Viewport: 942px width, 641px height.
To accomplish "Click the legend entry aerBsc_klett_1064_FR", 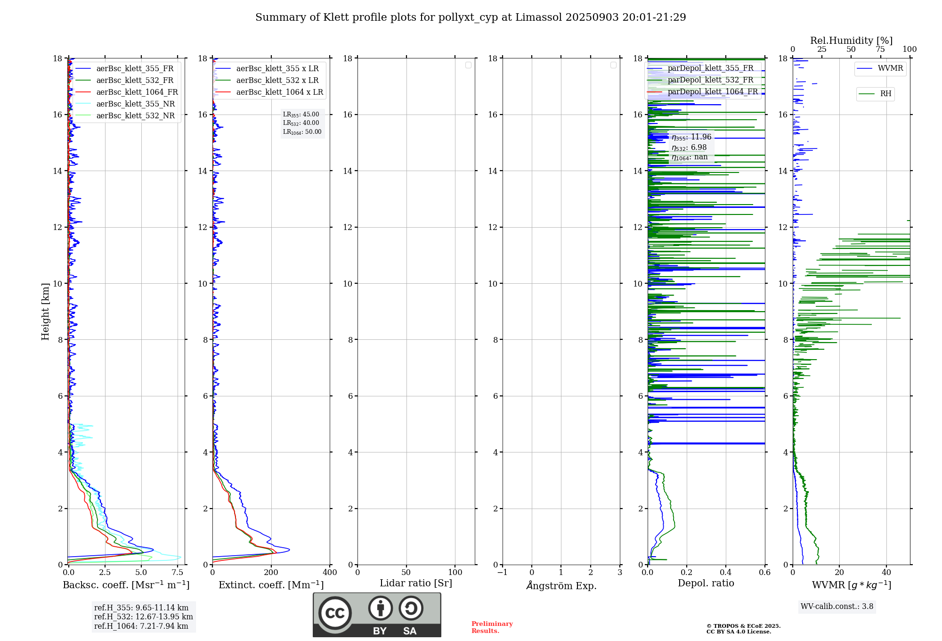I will (137, 92).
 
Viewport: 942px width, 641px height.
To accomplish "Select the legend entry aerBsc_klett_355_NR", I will (135, 104).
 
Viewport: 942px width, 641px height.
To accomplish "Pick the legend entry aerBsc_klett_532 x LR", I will (277, 81).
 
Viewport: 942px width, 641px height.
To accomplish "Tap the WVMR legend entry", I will (890, 68).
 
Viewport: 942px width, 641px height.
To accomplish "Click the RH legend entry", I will (885, 94).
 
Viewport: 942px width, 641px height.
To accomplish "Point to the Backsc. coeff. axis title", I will (126, 585).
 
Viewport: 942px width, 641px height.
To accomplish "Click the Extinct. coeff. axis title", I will (271, 585).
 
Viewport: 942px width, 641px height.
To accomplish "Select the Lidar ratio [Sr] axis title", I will (416, 583).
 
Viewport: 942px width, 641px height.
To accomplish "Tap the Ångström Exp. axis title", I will (561, 585).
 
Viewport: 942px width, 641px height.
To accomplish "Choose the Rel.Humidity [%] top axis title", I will (851, 41).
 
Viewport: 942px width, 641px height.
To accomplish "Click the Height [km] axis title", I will (45, 312).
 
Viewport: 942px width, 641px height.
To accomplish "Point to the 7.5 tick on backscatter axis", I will (177, 573).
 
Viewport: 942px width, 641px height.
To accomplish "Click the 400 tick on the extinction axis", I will (330, 573).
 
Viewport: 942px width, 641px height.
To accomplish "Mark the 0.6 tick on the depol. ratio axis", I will (764, 573).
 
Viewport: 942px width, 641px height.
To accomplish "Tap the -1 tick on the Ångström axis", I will (503, 573).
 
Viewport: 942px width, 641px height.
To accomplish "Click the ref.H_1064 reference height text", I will (141, 626).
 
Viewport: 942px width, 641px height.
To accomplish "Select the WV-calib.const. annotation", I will (837, 607).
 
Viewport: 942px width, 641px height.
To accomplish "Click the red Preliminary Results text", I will (492, 627).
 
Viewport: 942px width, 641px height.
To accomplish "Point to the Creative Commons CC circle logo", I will (335, 613).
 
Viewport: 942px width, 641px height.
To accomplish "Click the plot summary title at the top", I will (471, 17).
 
